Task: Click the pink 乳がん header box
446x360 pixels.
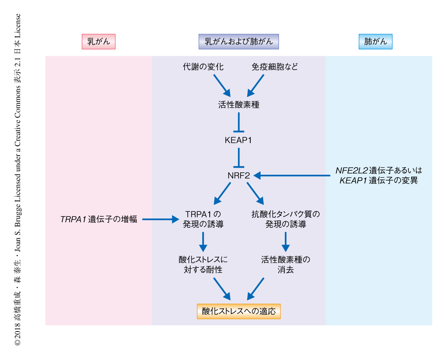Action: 99,42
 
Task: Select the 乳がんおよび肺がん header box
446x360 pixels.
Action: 239,42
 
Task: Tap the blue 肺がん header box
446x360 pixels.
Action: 375,42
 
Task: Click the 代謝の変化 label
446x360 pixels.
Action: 203,67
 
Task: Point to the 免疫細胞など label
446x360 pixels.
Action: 275,67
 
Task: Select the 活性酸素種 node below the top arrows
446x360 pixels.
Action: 239,105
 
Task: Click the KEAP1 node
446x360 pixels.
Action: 238,140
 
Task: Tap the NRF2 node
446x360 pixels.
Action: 239,176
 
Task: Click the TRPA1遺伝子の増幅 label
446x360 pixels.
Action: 99,219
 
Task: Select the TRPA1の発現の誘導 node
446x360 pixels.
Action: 203,219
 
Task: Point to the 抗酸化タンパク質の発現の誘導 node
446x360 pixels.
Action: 286,219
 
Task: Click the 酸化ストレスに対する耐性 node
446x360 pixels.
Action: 203,264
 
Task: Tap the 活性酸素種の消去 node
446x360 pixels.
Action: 286,264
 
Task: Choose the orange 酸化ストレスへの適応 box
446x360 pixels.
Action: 239,311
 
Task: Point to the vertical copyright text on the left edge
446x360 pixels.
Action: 17,180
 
